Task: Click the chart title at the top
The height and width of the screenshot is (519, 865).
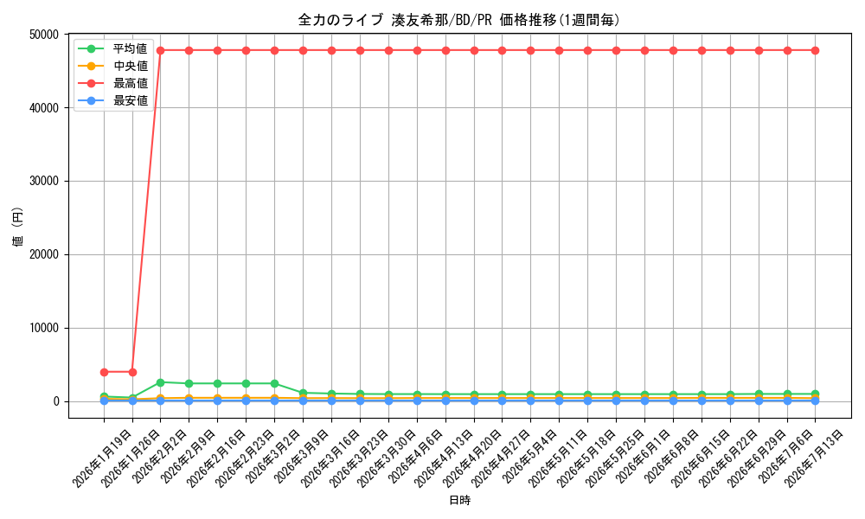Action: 459,20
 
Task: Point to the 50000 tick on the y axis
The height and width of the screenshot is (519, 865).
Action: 43,35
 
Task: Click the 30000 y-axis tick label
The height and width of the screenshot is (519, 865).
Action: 43,181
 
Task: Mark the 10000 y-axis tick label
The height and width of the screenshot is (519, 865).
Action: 43,328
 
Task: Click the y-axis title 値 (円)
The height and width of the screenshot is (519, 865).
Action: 17,227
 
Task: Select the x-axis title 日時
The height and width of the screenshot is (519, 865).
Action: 459,500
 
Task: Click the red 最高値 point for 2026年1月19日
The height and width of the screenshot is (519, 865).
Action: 104,372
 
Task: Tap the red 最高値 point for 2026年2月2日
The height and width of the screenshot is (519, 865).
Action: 161,50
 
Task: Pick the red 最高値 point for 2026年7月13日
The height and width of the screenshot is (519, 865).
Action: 816,50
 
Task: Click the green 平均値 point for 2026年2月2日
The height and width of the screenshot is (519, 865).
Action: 161,382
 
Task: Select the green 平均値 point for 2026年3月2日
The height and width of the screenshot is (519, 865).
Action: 274,383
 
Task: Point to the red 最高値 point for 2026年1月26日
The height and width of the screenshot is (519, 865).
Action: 132,372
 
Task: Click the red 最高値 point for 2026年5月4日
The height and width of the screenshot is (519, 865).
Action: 531,50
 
